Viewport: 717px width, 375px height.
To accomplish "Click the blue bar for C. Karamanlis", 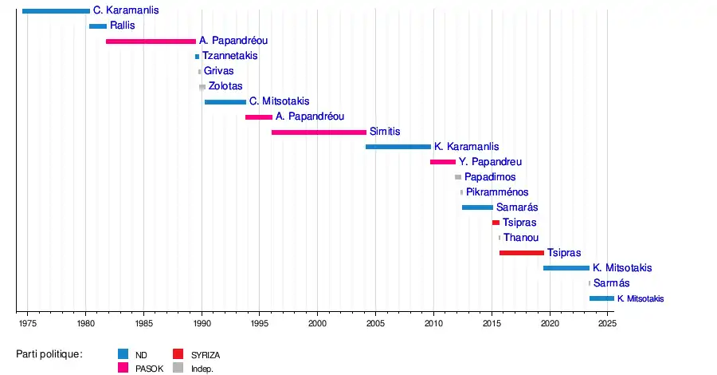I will pyautogui.click(x=56, y=11).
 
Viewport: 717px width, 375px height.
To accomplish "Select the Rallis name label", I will pyautogui.click(x=123, y=26).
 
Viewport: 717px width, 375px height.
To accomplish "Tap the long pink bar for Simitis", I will pyautogui.click(x=319, y=132).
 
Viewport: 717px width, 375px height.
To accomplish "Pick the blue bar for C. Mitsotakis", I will pyautogui.click(x=225, y=101).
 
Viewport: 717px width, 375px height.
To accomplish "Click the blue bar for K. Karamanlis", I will pyautogui.click(x=398, y=147).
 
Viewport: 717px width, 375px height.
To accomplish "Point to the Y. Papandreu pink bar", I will pyautogui.click(x=443, y=162).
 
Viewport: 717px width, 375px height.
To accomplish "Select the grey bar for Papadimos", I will pyautogui.click(x=458, y=177).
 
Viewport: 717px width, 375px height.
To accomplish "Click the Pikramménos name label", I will pyautogui.click(x=497, y=192).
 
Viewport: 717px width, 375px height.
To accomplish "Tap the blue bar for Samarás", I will pyautogui.click(x=477, y=207).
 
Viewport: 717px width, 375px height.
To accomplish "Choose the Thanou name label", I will pyautogui.click(x=521, y=238).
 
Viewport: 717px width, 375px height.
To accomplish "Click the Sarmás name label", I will pyautogui.click(x=611, y=283).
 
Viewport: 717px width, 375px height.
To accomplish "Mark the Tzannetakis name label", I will pyautogui.click(x=229, y=56).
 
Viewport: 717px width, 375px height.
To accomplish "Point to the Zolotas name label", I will pyautogui.click(x=225, y=86).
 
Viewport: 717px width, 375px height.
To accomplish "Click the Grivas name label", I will pyautogui.click(x=218, y=71).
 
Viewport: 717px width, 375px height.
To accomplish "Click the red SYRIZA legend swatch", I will pyautogui.click(x=178, y=353).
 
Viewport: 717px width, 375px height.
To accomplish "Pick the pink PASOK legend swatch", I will pyautogui.click(x=123, y=368).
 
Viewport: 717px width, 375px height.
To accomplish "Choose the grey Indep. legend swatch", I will pyautogui.click(x=178, y=368).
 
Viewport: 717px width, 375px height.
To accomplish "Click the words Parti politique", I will pyautogui.click(x=49, y=353).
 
